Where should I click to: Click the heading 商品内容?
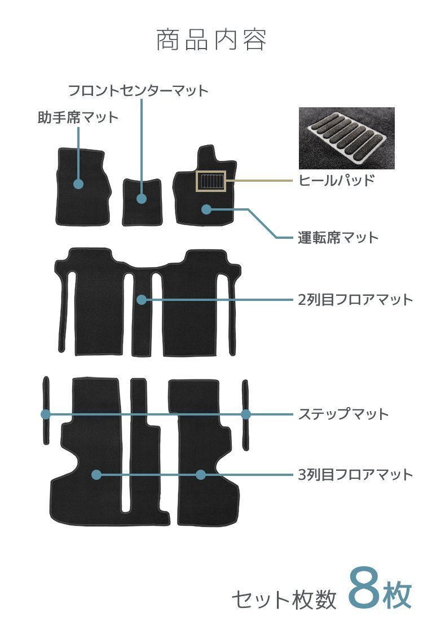(211, 41)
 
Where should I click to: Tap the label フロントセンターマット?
(138, 90)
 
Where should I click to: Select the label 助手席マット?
(78, 117)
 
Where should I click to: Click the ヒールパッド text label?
(336, 181)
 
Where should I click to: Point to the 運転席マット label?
(338, 237)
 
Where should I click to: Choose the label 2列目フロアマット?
(355, 299)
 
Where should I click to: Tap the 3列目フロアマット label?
(355, 475)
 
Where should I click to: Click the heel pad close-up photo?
(346, 138)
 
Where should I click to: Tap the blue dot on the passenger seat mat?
(78, 184)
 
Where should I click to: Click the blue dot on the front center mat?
(142, 199)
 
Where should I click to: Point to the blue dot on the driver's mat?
(206, 209)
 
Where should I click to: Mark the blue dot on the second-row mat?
(142, 300)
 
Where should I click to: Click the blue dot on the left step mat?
(46, 414)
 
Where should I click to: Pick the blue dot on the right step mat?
(246, 414)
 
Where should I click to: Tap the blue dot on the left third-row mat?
(96, 475)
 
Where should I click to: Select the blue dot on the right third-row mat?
(201, 475)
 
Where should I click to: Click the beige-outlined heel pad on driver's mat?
(210, 181)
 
